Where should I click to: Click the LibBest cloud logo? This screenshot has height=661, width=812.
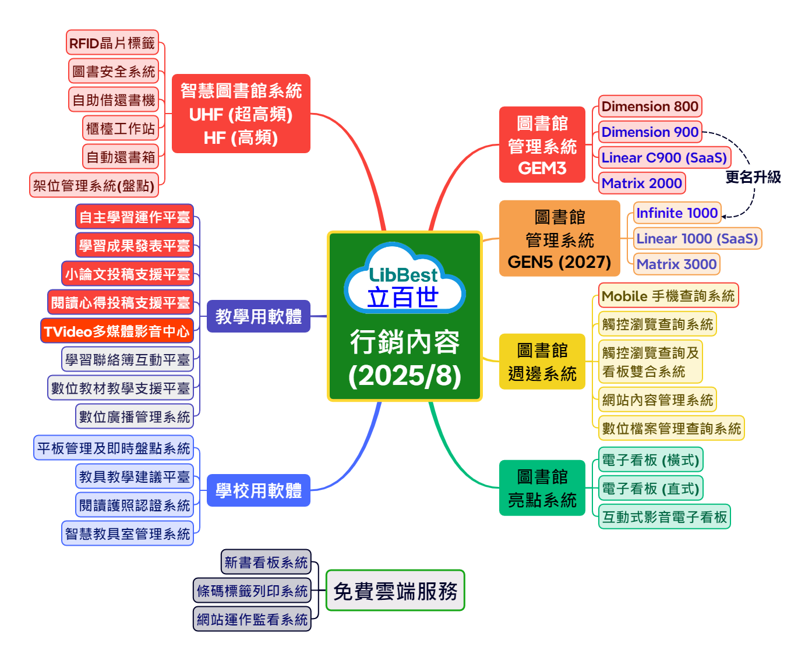coord(404,279)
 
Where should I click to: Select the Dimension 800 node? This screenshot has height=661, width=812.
coord(649,107)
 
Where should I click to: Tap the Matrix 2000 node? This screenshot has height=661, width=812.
coord(641,183)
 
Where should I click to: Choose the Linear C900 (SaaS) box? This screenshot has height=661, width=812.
coord(664,158)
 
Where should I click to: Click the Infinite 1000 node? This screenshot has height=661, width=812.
coord(677,213)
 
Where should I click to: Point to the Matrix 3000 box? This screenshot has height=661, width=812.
coord(676,264)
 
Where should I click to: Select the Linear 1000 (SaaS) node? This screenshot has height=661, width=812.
coord(697,239)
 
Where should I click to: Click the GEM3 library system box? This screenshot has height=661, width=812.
coord(542,145)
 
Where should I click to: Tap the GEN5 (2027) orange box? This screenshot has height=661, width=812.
coord(559,239)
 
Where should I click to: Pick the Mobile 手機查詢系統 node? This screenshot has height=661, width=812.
coord(668,296)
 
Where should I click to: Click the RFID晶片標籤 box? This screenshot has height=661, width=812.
coord(112,43)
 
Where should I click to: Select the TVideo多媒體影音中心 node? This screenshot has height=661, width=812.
coord(116,331)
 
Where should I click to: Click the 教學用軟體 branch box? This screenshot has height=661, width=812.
coord(258,316)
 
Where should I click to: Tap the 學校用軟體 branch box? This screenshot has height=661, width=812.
coord(258,490)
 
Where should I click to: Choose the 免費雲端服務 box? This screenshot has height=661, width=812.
coord(395,591)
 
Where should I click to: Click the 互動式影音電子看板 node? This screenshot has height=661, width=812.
coord(664,517)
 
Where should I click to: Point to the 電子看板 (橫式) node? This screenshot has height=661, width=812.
coord(650,460)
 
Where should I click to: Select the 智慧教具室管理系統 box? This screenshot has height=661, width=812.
coord(127,533)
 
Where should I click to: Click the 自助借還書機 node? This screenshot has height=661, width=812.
coord(114,100)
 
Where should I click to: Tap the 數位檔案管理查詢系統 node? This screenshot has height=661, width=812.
coord(671,429)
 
